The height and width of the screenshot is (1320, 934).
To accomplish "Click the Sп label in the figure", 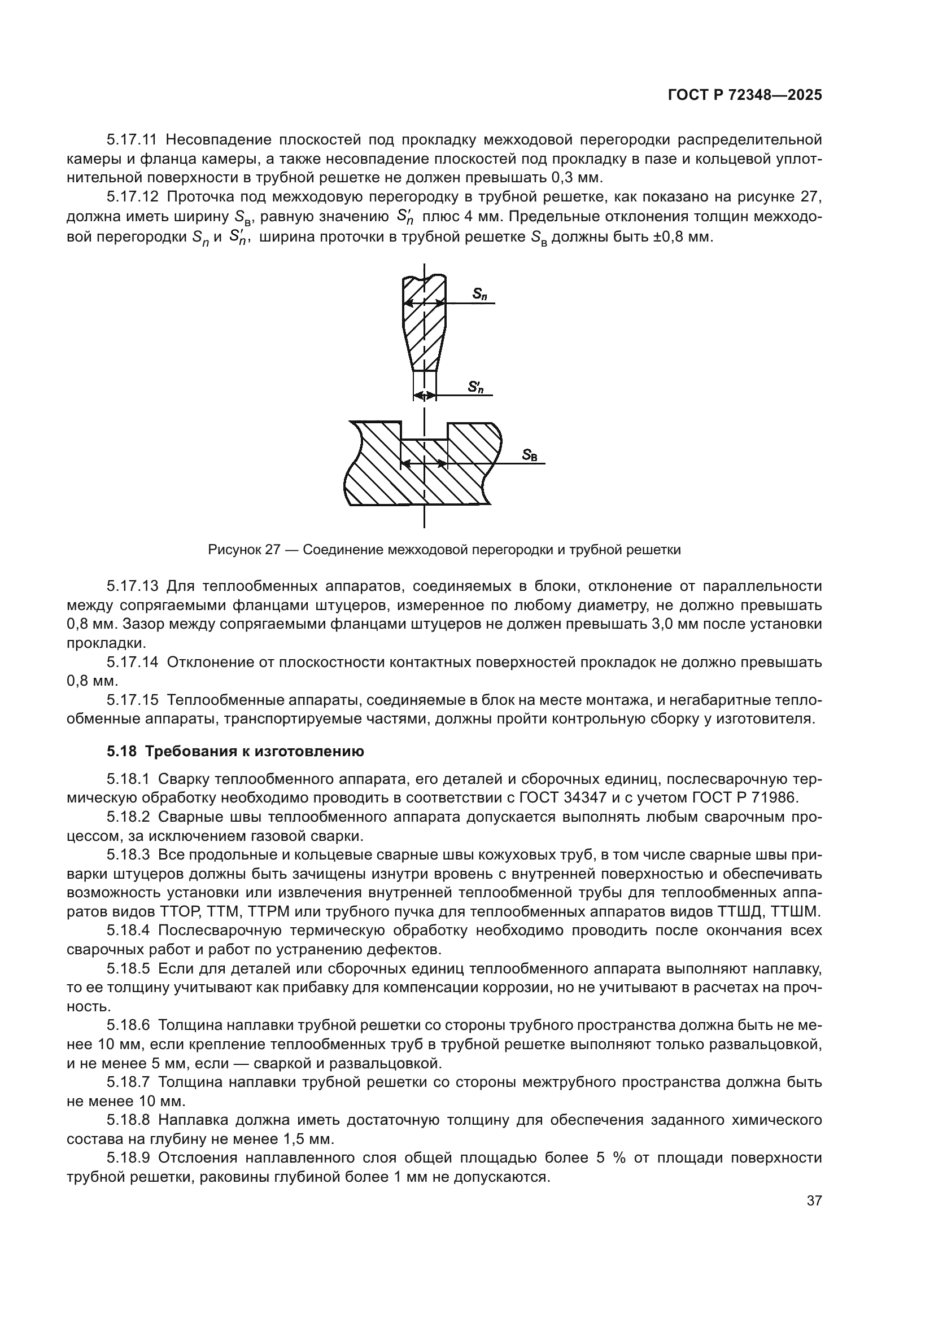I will click(x=479, y=294).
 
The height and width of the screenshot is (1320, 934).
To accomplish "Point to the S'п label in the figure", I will click(x=475, y=387).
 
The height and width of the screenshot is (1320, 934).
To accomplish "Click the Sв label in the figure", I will click(x=530, y=455).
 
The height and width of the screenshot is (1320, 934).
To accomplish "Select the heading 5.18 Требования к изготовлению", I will click(x=235, y=751).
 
